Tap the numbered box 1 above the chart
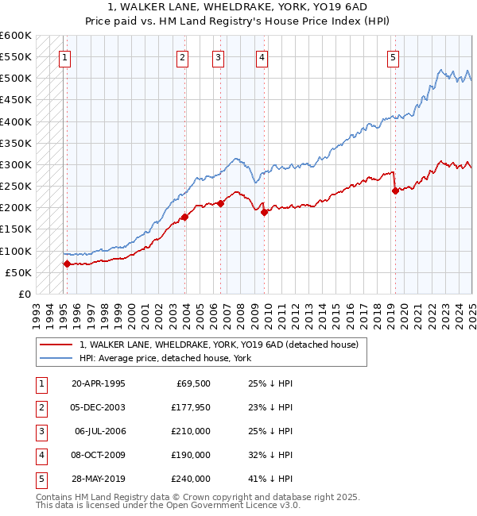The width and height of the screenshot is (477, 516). point(64,56)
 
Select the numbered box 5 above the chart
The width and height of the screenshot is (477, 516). point(394,56)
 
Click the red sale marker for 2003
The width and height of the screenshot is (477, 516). point(184,217)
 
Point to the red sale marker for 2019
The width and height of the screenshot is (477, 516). point(395,191)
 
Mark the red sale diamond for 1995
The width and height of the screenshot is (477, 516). point(67,264)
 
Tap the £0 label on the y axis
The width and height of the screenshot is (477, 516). point(25,294)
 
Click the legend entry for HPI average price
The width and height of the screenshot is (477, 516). point(165,358)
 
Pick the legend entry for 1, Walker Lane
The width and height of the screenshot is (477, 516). point(219,345)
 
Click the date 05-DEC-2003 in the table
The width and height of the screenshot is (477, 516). point(98,407)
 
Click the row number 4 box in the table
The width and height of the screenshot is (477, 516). point(41,455)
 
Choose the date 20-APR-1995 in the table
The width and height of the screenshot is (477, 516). point(98,383)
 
